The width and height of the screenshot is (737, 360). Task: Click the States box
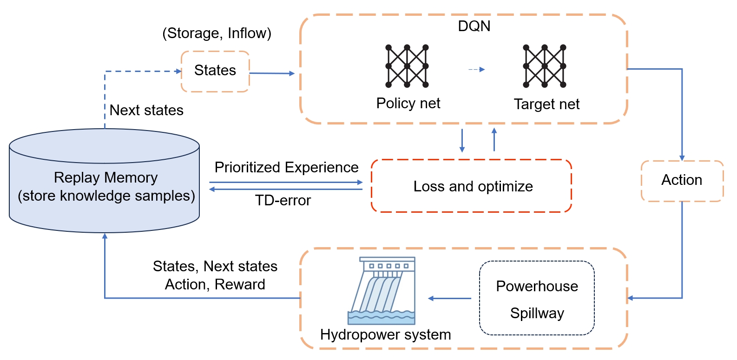pyautogui.click(x=215, y=71)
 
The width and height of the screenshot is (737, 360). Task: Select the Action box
pyautogui.click(x=682, y=181)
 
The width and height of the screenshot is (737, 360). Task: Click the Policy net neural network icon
pyautogui.click(x=407, y=66)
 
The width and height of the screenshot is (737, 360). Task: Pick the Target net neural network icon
pyautogui.click(x=545, y=66)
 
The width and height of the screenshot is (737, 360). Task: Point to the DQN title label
pyautogui.click(x=474, y=26)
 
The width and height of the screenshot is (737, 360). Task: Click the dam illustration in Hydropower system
pyautogui.click(x=382, y=291)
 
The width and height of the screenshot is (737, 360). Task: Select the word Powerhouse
pyautogui.click(x=537, y=286)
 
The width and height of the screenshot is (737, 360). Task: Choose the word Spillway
pyautogui.click(x=537, y=313)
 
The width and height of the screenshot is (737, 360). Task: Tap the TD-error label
pyautogui.click(x=283, y=201)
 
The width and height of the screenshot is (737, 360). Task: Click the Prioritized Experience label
pyautogui.click(x=286, y=167)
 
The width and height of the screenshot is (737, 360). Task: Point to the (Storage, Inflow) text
pyautogui.click(x=217, y=33)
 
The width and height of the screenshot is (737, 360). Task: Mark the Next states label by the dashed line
pyautogui.click(x=146, y=110)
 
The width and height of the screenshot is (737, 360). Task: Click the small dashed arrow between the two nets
pyautogui.click(x=476, y=70)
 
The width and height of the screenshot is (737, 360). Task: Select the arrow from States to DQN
pyautogui.click(x=272, y=73)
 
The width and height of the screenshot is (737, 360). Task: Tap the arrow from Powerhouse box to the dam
pyautogui.click(x=449, y=298)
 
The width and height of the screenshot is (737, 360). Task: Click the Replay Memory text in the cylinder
pyautogui.click(x=105, y=178)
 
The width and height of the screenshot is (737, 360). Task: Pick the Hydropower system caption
pyautogui.click(x=385, y=334)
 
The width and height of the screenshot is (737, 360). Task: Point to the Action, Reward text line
pyautogui.click(x=215, y=284)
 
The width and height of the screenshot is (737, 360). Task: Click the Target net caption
pyautogui.click(x=546, y=104)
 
